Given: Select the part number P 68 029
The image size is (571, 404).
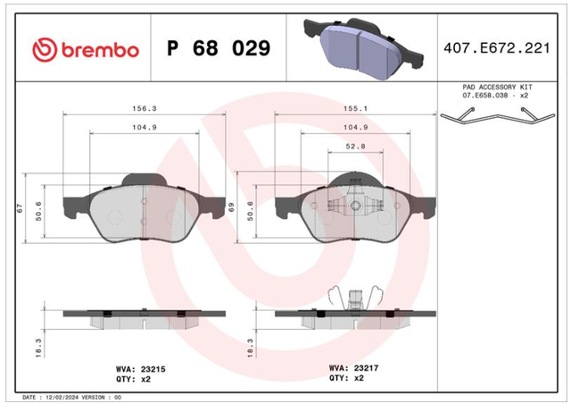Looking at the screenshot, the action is point(219,48).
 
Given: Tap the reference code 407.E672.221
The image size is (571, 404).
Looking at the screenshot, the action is point(497,48).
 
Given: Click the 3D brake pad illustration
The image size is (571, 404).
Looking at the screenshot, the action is point(363,48).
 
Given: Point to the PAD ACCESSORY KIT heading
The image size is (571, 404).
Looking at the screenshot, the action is point(497,88).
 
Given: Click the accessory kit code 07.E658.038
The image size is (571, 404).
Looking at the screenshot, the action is point(486,96).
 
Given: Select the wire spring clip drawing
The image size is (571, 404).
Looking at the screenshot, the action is point(498,115).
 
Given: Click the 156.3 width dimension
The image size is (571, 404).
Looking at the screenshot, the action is point(145,108).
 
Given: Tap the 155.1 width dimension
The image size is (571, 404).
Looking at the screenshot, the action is point(355,108).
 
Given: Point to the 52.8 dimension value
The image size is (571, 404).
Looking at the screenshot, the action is point(355,147).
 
